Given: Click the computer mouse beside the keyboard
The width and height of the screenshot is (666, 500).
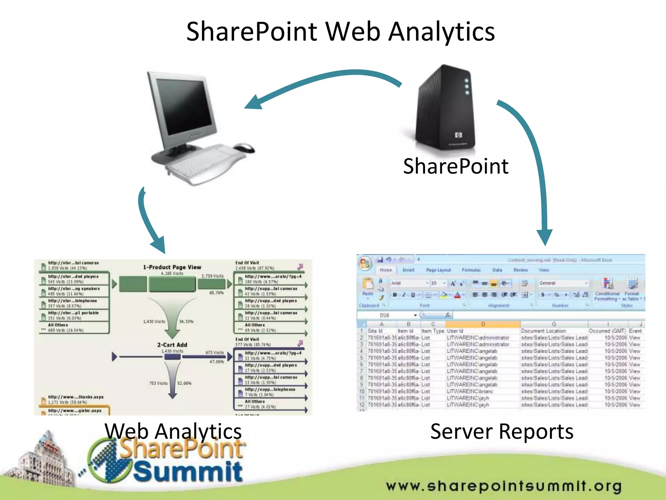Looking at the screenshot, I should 244,148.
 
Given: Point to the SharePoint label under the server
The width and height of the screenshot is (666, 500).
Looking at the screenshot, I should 456,166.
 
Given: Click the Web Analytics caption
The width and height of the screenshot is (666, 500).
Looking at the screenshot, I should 173,431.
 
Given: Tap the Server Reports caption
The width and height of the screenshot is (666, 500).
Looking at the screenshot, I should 502,432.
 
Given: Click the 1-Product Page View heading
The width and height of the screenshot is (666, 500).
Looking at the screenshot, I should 172,267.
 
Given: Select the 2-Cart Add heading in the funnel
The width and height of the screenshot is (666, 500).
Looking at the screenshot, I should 172,345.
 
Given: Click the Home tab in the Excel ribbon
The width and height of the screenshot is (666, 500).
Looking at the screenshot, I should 386,270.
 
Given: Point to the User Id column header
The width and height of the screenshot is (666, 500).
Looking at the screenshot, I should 455,331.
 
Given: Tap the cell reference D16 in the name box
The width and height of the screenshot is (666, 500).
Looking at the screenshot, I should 384,315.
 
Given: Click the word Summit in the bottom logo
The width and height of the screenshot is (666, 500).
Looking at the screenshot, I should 188,471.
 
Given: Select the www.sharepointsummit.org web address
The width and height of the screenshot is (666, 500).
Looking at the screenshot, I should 504,486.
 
